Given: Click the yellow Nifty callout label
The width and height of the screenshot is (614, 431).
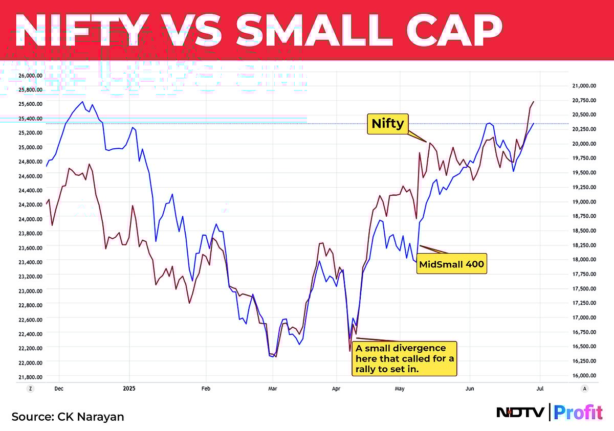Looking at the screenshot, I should click(388, 124).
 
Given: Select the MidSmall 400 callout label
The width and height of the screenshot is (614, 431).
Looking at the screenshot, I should click(451, 264).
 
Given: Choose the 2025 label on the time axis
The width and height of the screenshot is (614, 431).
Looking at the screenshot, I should click(129, 389).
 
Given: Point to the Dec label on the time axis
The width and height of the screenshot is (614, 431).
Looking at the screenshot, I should click(59, 389).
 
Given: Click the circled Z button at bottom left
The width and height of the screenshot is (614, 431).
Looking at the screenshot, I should click(31, 389).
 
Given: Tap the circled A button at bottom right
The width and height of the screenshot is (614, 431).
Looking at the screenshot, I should click(584, 389).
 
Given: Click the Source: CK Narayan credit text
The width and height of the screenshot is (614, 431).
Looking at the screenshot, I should click(68, 417).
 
